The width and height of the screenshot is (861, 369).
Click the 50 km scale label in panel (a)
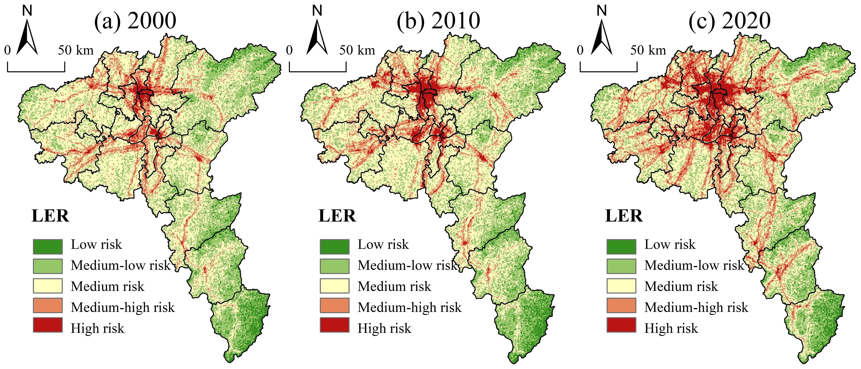[76, 50]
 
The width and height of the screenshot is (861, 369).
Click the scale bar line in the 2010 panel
[318, 71]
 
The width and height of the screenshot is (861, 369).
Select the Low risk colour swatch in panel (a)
[47, 247]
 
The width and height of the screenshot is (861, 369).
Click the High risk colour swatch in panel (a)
[47, 325]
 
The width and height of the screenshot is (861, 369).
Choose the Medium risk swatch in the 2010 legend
[334, 286]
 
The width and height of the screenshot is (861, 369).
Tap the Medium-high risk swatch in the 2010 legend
[334, 305]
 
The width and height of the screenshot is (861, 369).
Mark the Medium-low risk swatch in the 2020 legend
[621, 266]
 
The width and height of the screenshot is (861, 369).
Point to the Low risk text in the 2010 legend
[383, 245]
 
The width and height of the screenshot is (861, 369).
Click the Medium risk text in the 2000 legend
[107, 286]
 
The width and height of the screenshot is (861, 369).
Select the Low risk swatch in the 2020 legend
[621, 247]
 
